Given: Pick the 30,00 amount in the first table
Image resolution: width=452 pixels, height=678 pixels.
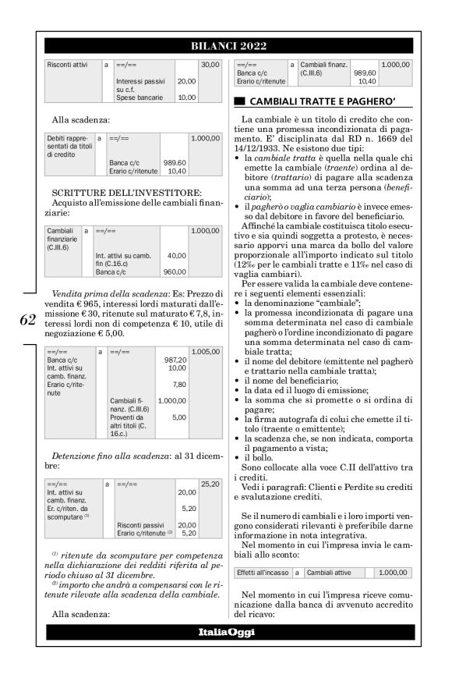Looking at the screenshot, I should [210, 64].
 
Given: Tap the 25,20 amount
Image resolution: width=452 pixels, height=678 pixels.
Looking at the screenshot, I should [210, 485].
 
